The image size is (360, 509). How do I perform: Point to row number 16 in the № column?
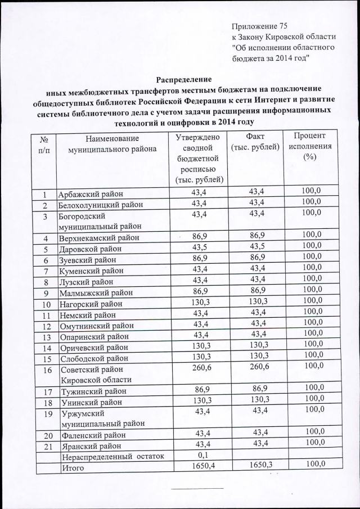(x=47, y=370)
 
